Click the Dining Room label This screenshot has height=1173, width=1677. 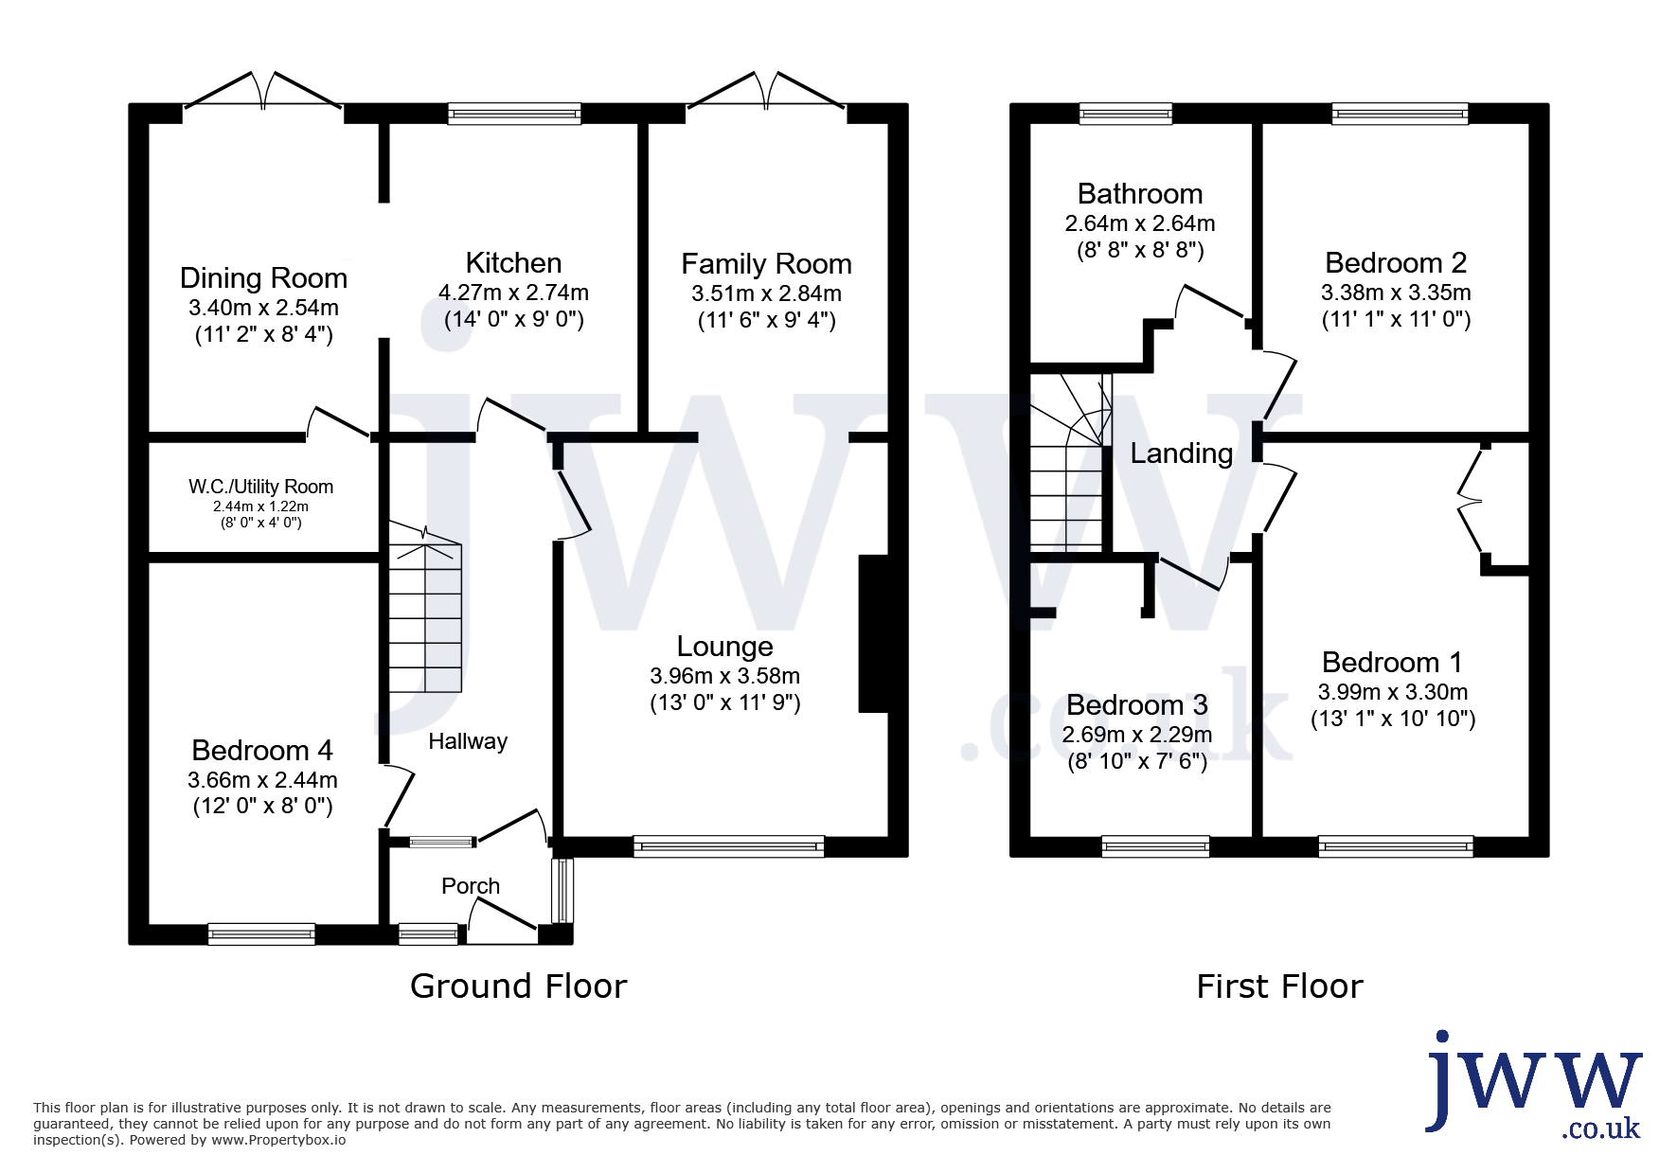pyautogui.click(x=263, y=277)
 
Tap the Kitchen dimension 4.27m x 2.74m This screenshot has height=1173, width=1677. pyautogui.click(x=513, y=293)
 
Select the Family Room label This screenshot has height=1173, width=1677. pyautogui.click(x=766, y=263)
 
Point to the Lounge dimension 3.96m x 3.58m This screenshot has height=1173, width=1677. pyautogui.click(x=724, y=676)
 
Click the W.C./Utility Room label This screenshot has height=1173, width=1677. pyautogui.click(x=260, y=487)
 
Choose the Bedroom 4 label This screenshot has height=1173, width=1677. pyautogui.click(x=262, y=750)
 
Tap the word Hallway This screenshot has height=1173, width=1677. pyautogui.click(x=468, y=741)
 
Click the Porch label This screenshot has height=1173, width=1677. pyautogui.click(x=471, y=885)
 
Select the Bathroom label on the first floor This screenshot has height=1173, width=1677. pyautogui.click(x=1140, y=193)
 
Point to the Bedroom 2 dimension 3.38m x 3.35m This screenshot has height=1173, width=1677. pyautogui.click(x=1396, y=293)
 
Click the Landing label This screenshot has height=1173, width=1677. pyautogui.click(x=1182, y=453)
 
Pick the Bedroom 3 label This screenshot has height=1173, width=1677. pyautogui.click(x=1136, y=705)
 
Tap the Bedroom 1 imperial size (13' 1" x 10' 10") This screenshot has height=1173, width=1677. pyautogui.click(x=1393, y=719)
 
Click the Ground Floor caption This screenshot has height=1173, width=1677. pyautogui.click(x=518, y=986)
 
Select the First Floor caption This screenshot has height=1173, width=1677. pyautogui.click(x=1279, y=986)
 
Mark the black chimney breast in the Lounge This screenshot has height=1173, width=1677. pyautogui.click(x=874, y=632)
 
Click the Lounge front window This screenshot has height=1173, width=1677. pyautogui.click(x=729, y=846)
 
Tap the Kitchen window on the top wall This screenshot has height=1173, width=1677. pyautogui.click(x=514, y=114)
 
